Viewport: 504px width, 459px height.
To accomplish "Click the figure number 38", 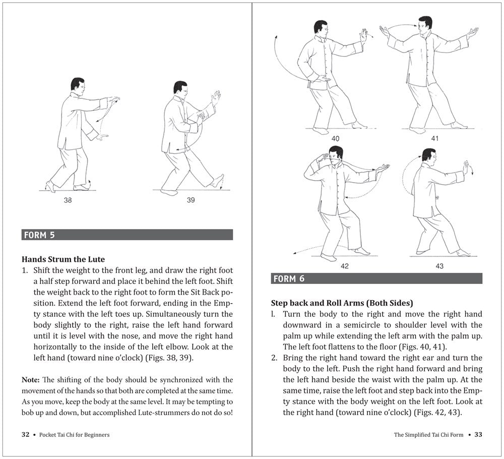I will (68, 200).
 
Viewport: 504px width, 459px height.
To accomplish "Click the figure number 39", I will (191, 200).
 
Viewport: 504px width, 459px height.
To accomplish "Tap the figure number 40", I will (335, 138).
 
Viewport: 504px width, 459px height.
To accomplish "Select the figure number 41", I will (434, 138).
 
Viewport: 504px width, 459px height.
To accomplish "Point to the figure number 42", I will (344, 266).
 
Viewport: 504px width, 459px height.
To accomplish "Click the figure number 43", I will (439, 266).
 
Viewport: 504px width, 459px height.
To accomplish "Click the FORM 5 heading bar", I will (127, 235).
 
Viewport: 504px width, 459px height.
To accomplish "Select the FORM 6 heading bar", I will (376, 278).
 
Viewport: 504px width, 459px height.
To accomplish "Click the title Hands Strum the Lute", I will (64, 259).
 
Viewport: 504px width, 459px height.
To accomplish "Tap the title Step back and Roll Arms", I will (341, 303).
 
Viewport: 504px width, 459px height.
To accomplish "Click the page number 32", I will (26, 434).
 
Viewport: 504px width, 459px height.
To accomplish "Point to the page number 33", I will (478, 434).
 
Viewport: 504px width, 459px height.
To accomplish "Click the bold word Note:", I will (31, 379).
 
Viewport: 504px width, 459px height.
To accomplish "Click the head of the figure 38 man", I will (77, 84).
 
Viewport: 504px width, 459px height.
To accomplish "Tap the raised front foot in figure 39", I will (218, 181).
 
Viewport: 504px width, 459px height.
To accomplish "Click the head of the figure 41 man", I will (425, 24).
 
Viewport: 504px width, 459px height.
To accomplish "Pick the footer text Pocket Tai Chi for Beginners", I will (74, 434).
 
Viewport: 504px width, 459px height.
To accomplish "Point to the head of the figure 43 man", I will (428, 155).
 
